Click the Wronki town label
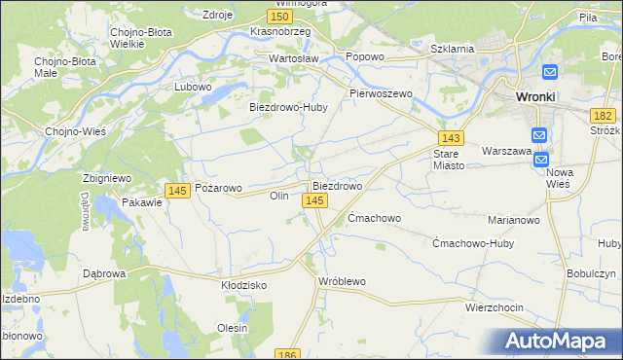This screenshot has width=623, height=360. coord(535,97)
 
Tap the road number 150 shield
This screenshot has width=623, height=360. coord(280,17)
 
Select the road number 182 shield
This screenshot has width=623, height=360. coord(602,115)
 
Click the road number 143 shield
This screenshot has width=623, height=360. coord(450,139)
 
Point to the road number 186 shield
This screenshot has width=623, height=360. coord(286,355)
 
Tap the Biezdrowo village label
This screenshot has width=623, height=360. coord(337,185)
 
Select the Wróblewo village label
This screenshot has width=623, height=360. coord(342,281)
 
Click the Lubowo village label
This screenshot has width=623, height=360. coord(193,87)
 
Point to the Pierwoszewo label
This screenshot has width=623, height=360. coord(382,93)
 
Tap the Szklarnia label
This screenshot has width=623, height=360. coord(453,48)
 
